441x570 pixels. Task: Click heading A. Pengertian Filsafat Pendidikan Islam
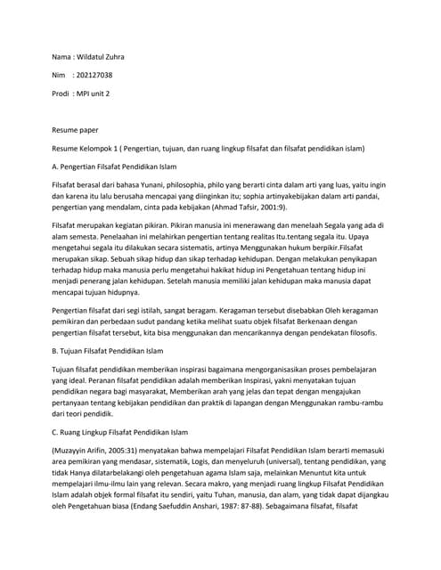point(116,167)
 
